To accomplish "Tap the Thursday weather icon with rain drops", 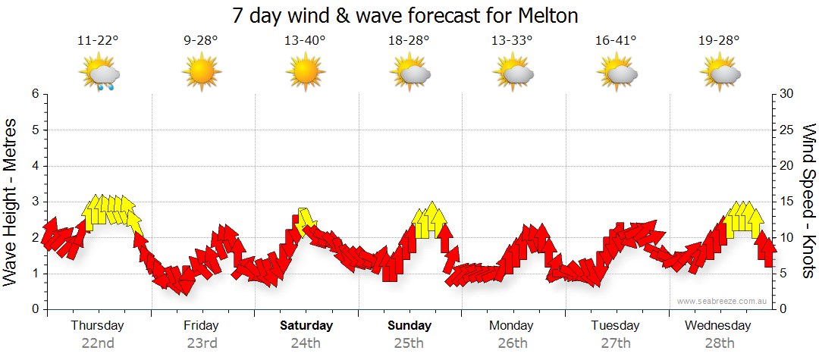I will [x=99, y=74].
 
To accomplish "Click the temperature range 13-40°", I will [x=305, y=41].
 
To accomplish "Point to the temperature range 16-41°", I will [x=615, y=41].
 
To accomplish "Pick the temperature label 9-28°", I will [x=201, y=41].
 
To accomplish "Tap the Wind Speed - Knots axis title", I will [x=808, y=202].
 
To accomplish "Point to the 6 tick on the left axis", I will [x=34, y=94].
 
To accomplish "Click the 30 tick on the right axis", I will [x=786, y=94].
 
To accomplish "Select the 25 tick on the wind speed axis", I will [x=786, y=130].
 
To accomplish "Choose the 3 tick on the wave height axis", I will [x=34, y=202].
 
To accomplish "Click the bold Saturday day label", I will [x=306, y=326].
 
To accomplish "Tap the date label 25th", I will [x=409, y=343].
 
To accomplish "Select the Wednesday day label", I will [x=717, y=326].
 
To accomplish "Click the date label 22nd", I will [x=98, y=343].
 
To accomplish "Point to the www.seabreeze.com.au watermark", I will [x=723, y=301].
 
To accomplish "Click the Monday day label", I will [x=511, y=326].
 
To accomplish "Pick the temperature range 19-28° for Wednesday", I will [x=719, y=41].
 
